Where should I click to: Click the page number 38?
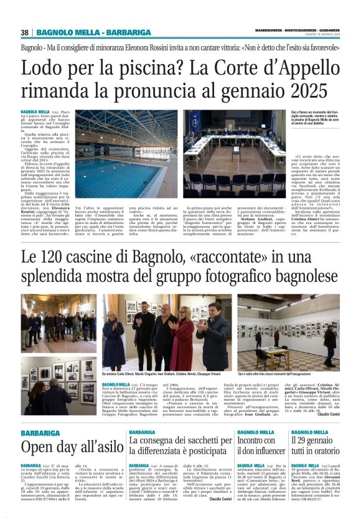coord(25,32)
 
